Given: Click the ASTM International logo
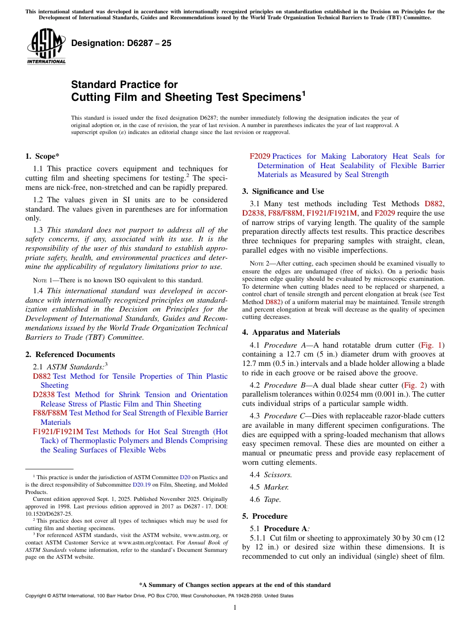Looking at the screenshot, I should pyautogui.click(x=46, y=46).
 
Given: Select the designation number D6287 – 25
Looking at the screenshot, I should pyautogui.click(x=121, y=43).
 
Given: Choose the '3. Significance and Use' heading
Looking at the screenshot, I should pyautogui.click(x=283, y=191).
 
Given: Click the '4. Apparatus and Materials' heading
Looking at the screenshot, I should pyautogui.click(x=291, y=332).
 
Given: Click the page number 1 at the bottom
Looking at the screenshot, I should pyautogui.click(x=235, y=608).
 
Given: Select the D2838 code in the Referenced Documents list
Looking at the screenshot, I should pyautogui.click(x=44, y=395).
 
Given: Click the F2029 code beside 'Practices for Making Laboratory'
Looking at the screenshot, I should pyautogui.click(x=260, y=156).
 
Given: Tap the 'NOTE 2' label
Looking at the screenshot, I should pyautogui.click(x=260, y=264).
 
